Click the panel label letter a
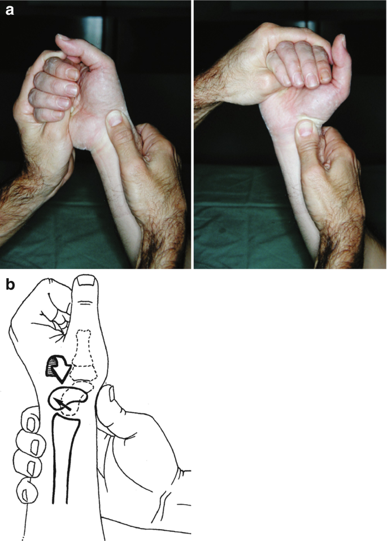click(10, 10)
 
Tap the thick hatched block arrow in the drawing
click(58, 368)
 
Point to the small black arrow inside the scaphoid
click(62, 404)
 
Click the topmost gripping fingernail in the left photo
click(72, 73)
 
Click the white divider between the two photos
click(193, 134)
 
